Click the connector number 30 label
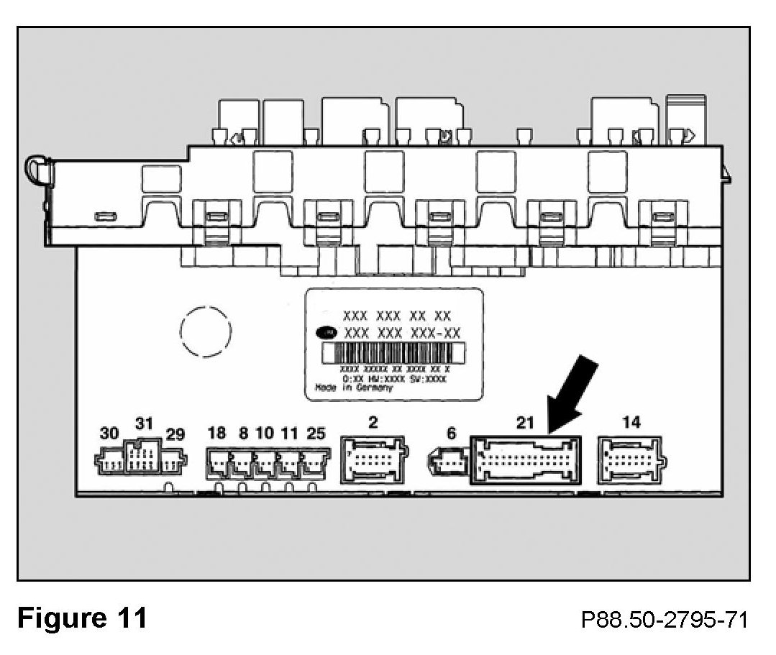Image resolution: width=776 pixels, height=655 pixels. (x=109, y=434)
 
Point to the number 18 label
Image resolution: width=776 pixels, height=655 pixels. (x=216, y=433)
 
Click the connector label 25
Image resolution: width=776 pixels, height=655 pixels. (x=315, y=433)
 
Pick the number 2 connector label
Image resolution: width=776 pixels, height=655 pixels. (x=373, y=422)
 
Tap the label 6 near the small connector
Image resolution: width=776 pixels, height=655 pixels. (x=451, y=433)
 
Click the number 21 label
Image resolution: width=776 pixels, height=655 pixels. (x=526, y=423)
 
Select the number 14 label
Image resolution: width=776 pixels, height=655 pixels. (x=631, y=422)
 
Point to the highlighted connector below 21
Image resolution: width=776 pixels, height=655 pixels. (x=526, y=460)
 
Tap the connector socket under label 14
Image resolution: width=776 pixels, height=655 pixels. (x=631, y=459)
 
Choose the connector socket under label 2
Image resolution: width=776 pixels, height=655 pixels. (x=374, y=459)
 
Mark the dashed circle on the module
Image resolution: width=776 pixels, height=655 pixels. (x=206, y=332)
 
